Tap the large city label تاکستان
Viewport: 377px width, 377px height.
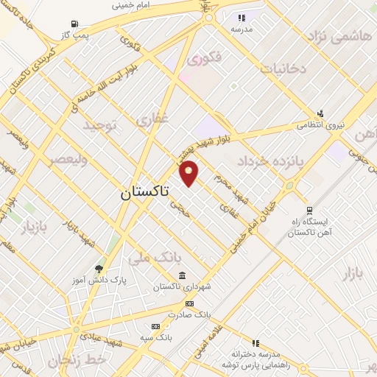[x=144, y=193]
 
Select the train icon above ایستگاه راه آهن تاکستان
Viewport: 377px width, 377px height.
[x=308, y=209]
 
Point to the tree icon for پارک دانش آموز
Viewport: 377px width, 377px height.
[x=99, y=269]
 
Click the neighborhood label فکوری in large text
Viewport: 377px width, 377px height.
[x=203, y=57]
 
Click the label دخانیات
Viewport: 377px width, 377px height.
[x=283, y=68]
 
